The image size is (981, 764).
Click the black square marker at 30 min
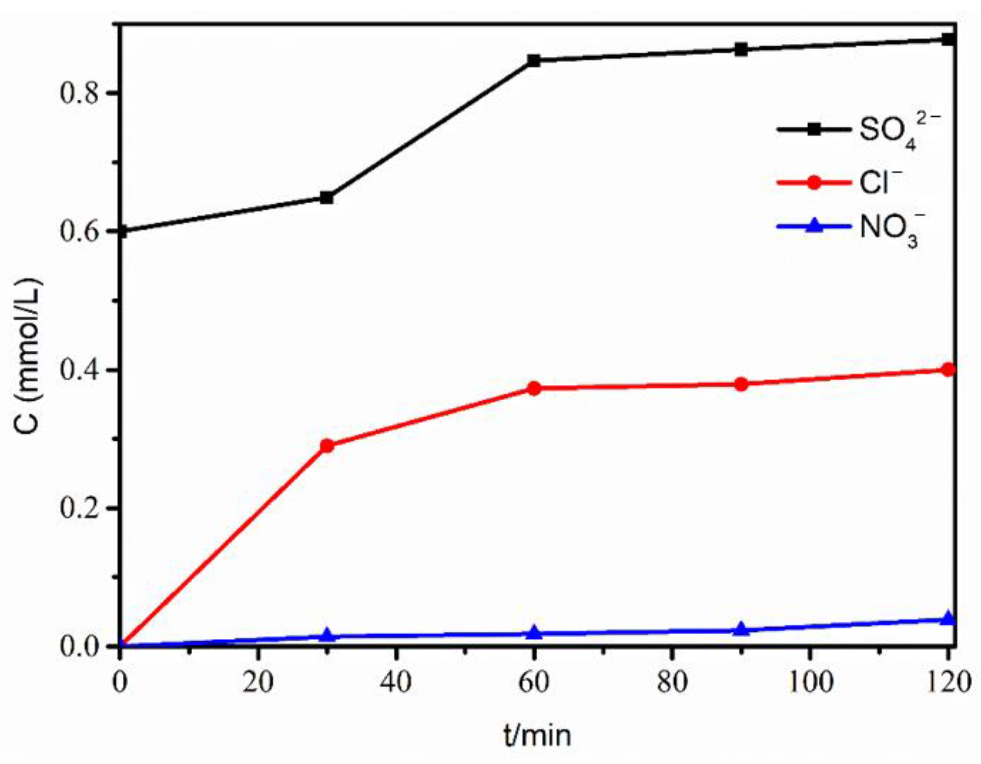point(327,197)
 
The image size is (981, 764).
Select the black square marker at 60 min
point(534,60)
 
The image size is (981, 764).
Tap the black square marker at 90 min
point(741,50)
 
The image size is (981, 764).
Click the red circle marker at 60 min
point(534,388)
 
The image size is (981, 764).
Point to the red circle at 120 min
point(948,370)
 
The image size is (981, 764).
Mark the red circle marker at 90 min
point(741,384)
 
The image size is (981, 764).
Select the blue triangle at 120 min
point(948,619)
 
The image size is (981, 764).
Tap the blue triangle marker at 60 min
point(534,633)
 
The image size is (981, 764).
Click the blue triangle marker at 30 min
point(327,635)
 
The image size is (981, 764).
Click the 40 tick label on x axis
point(396,682)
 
